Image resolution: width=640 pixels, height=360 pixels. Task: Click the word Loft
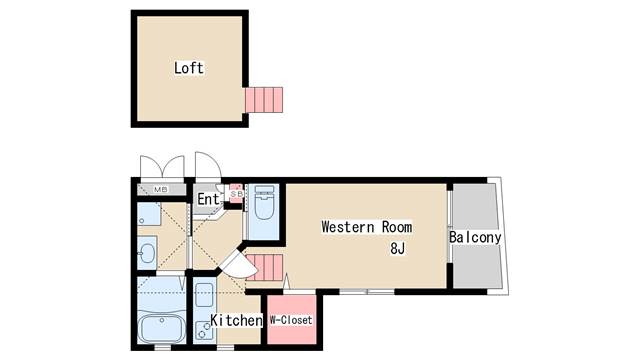189,68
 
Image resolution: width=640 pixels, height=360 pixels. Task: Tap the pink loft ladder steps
264,100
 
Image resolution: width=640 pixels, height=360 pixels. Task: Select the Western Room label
367,227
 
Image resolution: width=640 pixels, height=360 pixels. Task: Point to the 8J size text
397,248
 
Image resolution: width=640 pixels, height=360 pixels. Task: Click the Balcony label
475,237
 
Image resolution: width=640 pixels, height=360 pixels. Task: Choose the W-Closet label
291,320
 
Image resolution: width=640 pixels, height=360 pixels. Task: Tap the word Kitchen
236,320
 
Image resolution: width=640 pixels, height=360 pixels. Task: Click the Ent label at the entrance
209,199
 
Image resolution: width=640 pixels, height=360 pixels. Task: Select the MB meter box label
160,189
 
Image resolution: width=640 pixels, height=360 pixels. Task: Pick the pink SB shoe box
236,193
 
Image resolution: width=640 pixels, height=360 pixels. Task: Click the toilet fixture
264,202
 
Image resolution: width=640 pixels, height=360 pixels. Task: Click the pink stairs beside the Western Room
264,267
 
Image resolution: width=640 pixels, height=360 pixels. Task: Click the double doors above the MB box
162,167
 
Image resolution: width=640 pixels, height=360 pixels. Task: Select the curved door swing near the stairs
239,263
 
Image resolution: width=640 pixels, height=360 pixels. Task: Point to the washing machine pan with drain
148,214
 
